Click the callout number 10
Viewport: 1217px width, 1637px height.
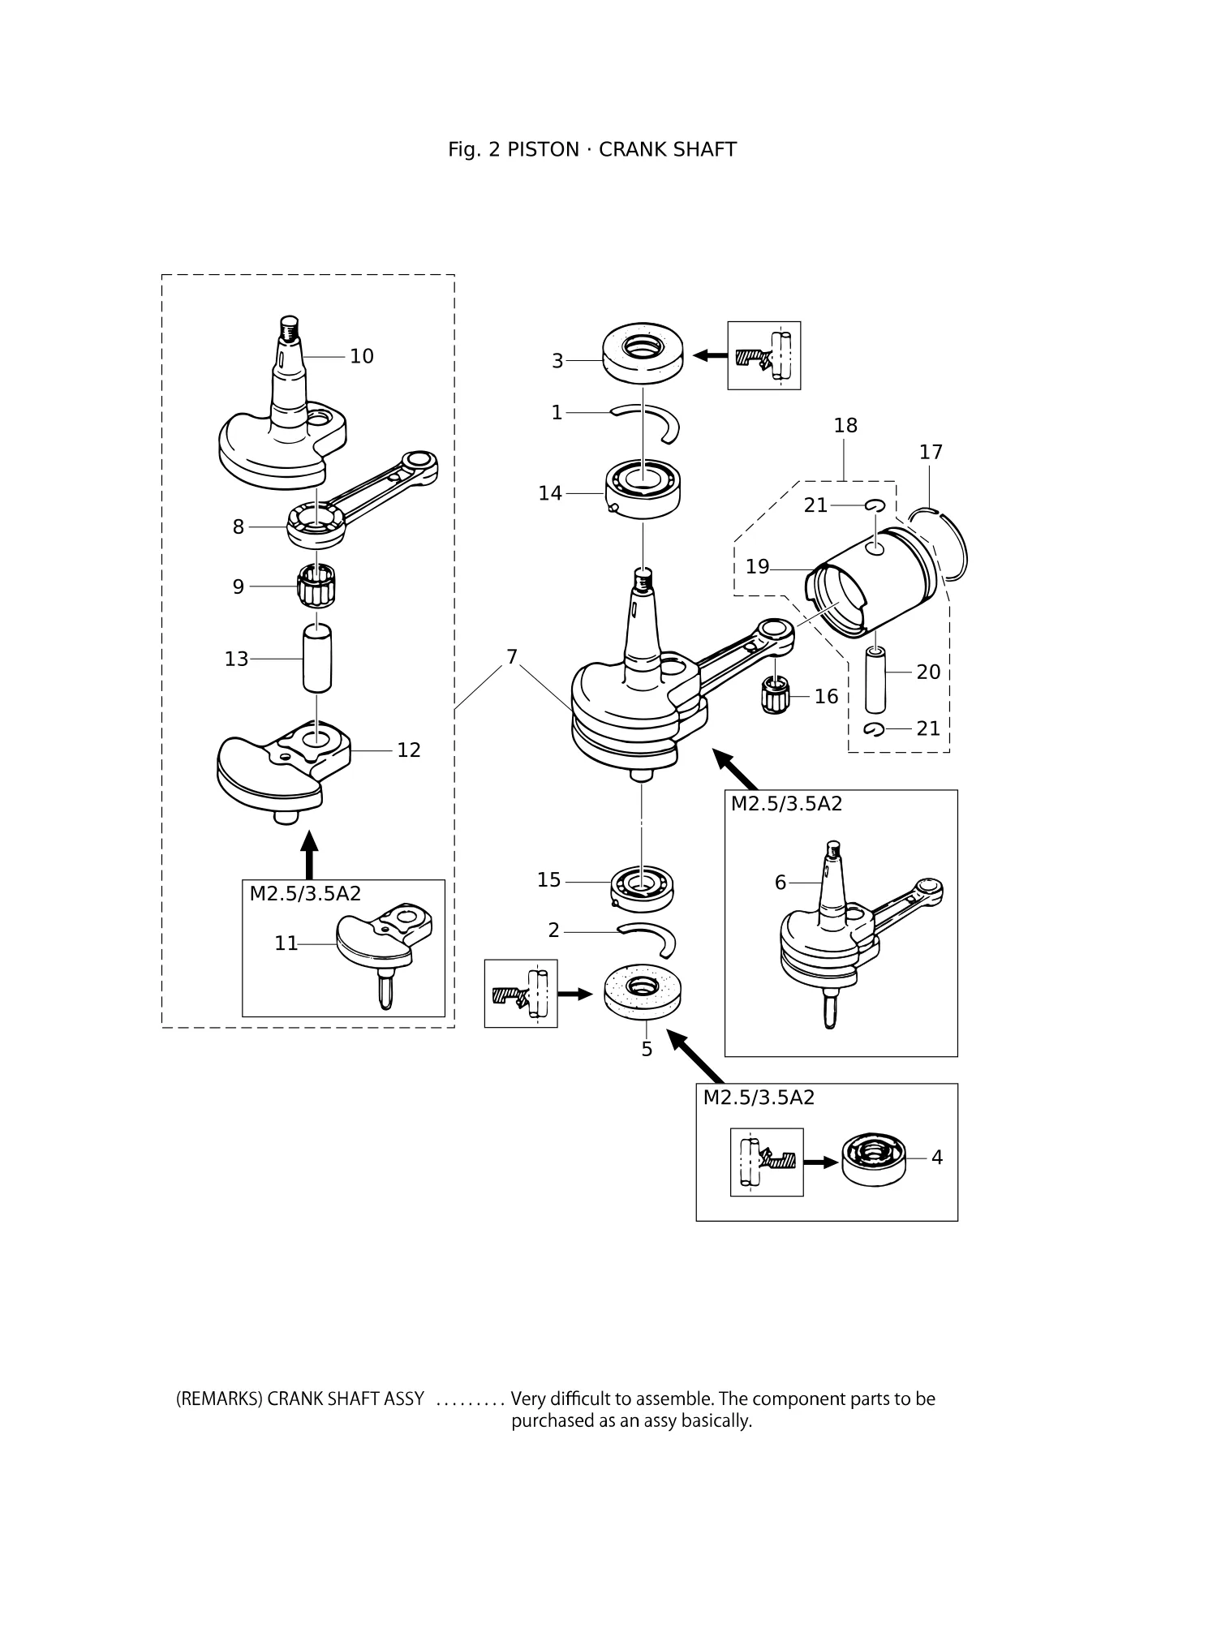(x=362, y=356)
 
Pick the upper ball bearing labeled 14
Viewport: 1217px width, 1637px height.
(x=643, y=489)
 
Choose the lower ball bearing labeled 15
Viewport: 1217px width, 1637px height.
(x=643, y=885)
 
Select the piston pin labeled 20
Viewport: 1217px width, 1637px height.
(x=875, y=679)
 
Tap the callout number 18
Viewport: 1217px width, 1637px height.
(x=845, y=425)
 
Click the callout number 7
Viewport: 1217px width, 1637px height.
(x=511, y=656)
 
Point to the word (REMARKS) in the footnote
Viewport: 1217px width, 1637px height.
(x=219, y=1399)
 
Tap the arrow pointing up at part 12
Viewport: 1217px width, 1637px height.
(x=308, y=854)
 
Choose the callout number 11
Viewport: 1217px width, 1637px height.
(x=286, y=943)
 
